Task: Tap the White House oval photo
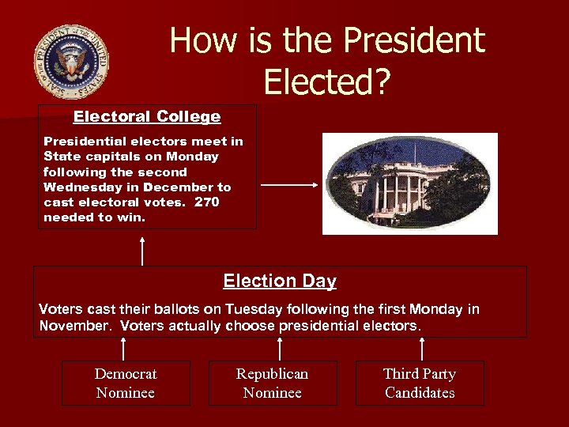coord(410,183)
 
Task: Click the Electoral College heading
coord(147,117)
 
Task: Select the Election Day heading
coord(280,281)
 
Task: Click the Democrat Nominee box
coord(126,384)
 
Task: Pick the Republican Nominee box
coord(273,384)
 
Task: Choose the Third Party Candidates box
coord(420,384)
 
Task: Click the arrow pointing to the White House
coord(288,185)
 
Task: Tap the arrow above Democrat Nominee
coord(123,349)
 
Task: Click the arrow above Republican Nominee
coord(280,349)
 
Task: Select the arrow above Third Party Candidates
coord(422,349)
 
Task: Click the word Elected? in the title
coord(327,81)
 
